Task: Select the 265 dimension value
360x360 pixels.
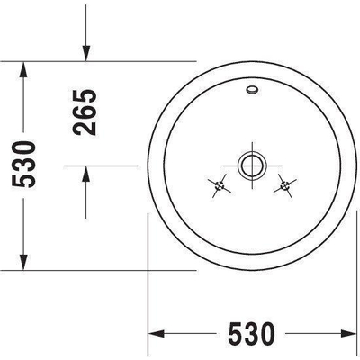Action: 85,111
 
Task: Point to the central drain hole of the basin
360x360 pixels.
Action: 249,166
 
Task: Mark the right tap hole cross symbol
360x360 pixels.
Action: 285,187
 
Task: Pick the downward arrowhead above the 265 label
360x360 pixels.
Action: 85,55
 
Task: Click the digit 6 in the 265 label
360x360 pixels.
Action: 85,111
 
